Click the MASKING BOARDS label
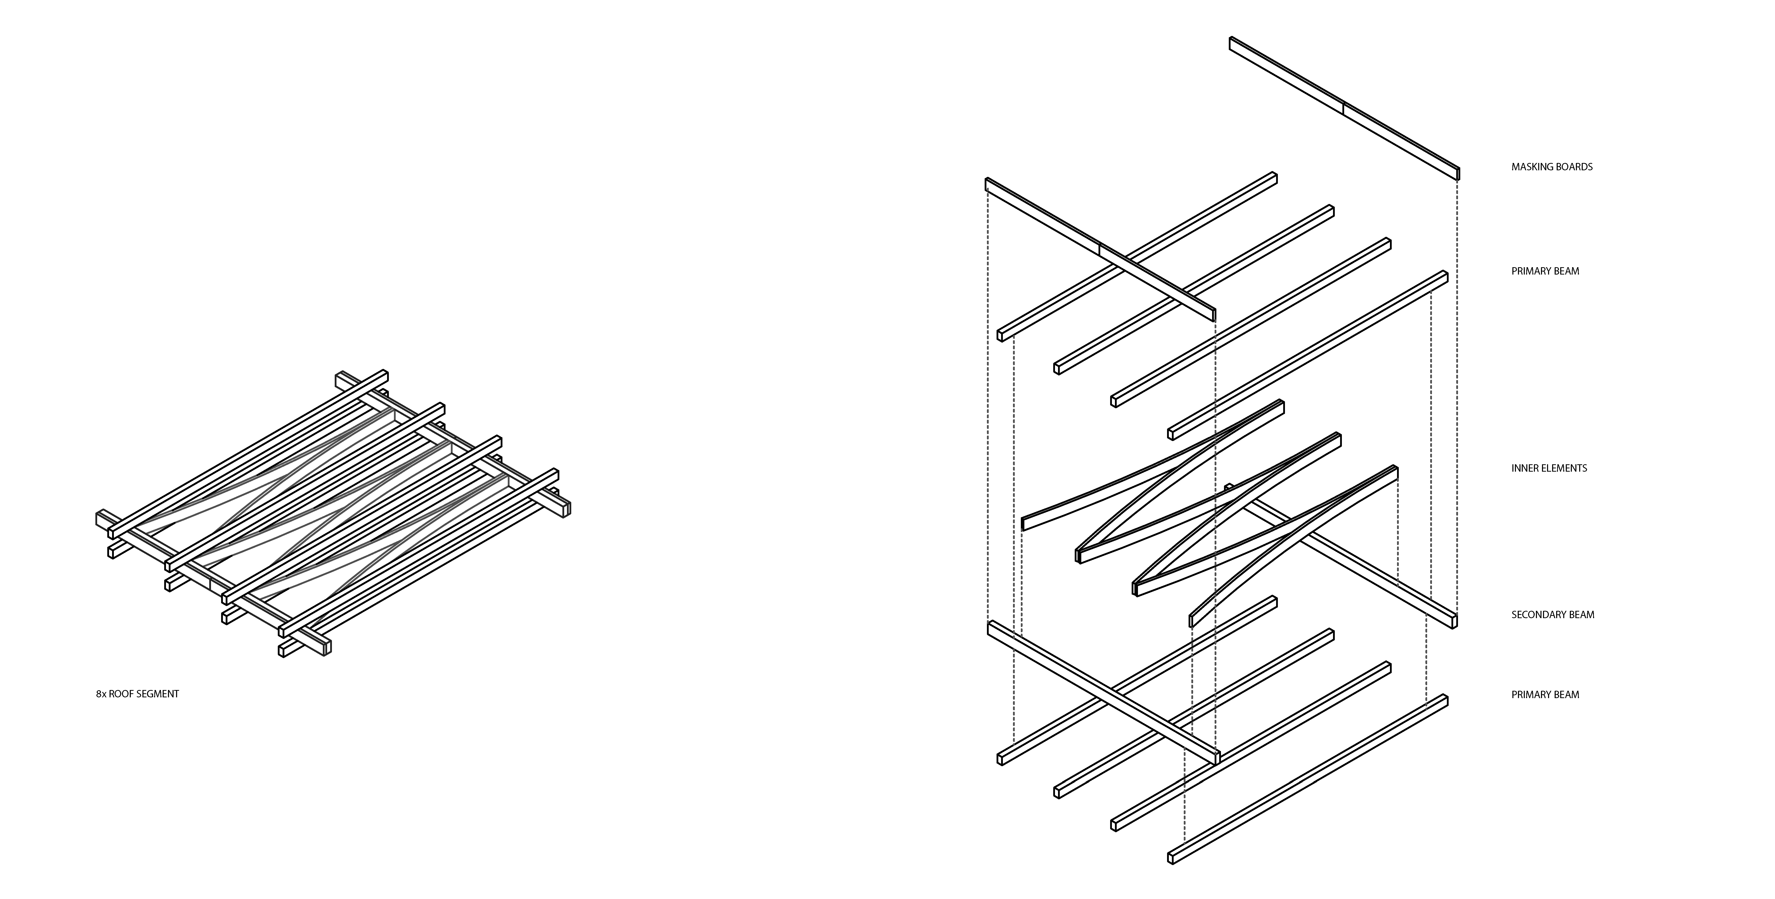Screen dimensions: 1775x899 click(1552, 167)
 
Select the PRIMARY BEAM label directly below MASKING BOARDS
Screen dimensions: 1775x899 click(1545, 271)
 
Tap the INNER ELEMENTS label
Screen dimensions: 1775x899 click(1549, 468)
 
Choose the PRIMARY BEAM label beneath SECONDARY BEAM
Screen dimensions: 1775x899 click(1545, 695)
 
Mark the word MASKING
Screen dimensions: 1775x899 click(1532, 167)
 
